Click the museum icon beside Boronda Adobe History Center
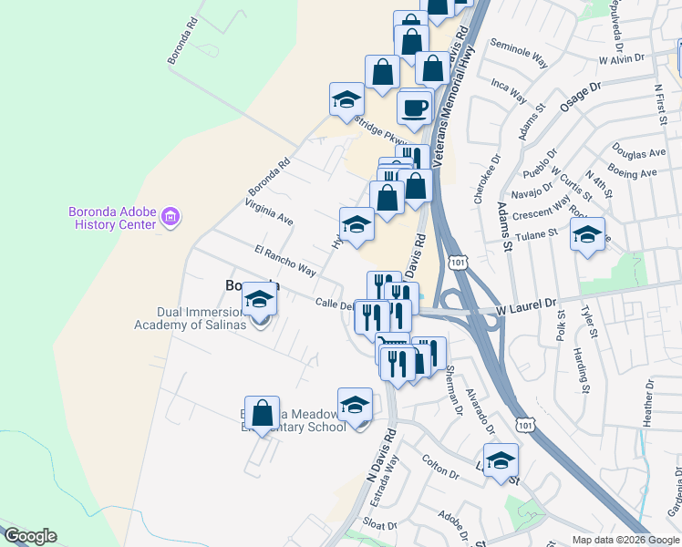pos(170,218)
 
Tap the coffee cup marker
pos(414,108)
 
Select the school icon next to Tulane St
pos(588,236)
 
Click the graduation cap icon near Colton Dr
pos(501,460)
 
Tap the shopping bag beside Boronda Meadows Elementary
pos(263,413)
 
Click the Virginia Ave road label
pos(268,212)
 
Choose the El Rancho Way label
pos(285,259)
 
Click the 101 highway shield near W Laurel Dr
pos(458,263)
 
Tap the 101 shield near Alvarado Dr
pos(524,425)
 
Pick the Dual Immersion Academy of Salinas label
pos(190,317)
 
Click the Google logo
pos(29,536)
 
